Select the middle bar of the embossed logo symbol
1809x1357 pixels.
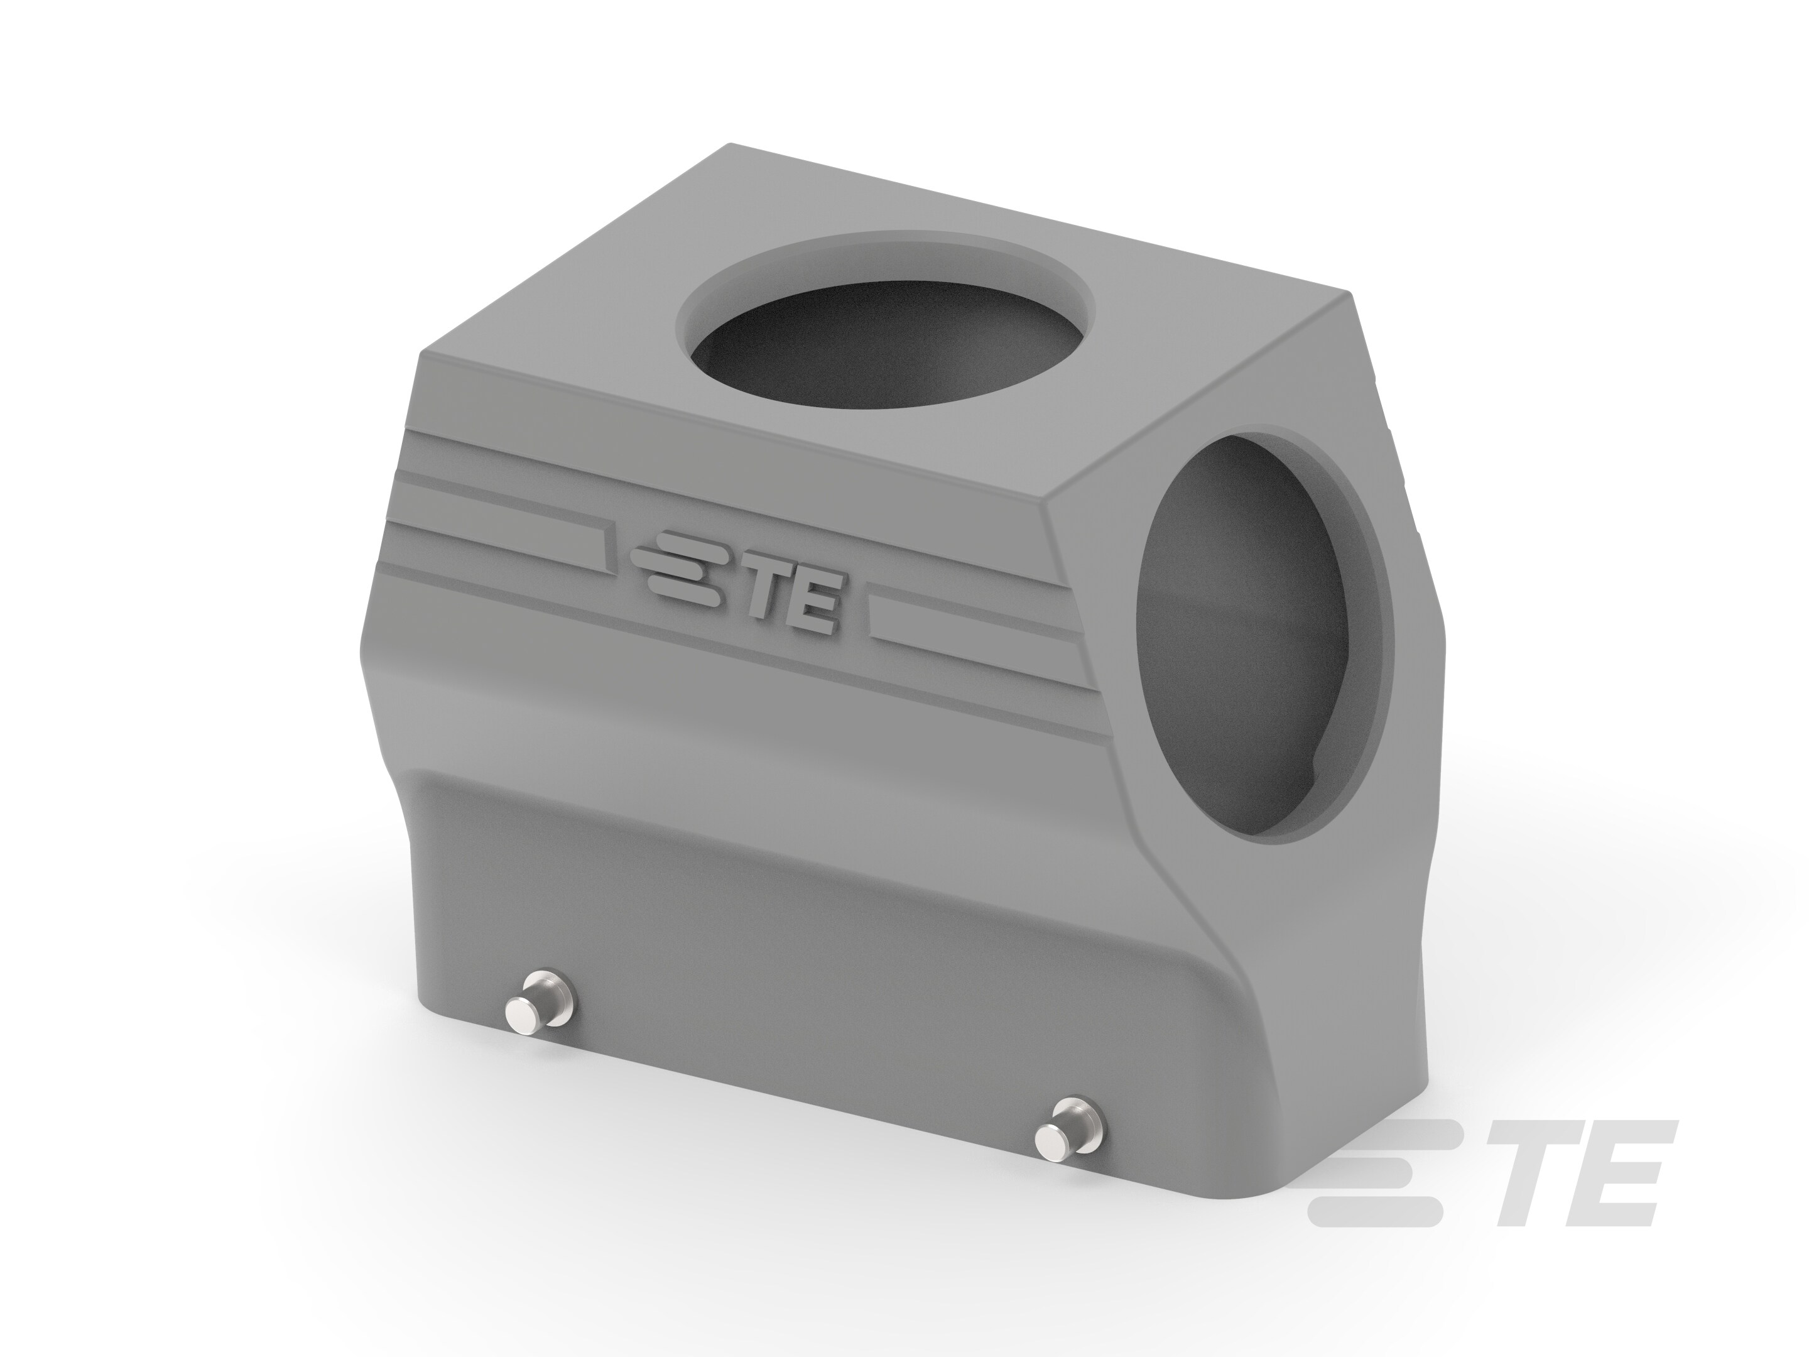[666, 564]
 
